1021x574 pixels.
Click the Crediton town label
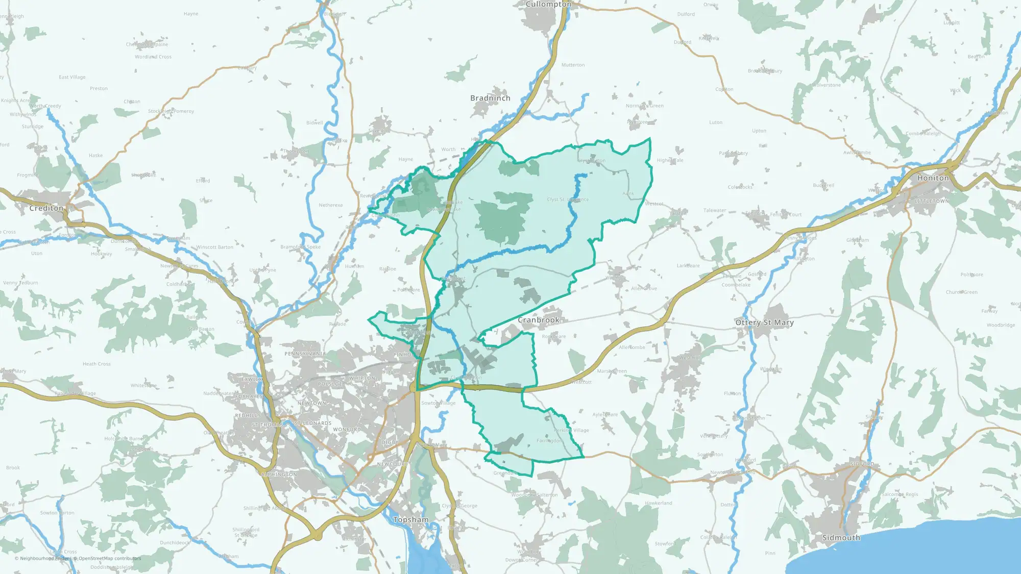(x=46, y=208)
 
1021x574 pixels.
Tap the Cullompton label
(x=548, y=4)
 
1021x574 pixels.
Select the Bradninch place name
(x=490, y=98)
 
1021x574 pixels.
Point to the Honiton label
(x=933, y=178)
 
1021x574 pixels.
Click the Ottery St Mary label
(x=764, y=322)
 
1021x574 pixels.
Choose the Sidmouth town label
(x=841, y=538)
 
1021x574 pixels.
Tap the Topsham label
(x=411, y=519)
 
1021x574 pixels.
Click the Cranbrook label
(x=539, y=320)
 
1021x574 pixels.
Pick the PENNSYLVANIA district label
(x=305, y=354)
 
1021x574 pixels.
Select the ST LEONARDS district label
(x=313, y=423)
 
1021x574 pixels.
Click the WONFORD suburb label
(x=347, y=430)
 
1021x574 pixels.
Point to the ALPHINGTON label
(x=278, y=475)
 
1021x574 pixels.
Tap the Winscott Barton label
(x=215, y=247)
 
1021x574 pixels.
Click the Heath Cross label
(x=96, y=364)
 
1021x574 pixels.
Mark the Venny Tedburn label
(x=20, y=283)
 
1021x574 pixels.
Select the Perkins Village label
(x=571, y=430)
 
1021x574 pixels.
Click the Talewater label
(x=715, y=210)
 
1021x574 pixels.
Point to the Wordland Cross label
(x=153, y=57)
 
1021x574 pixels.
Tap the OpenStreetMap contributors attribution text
(x=109, y=559)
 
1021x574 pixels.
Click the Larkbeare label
(x=688, y=266)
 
